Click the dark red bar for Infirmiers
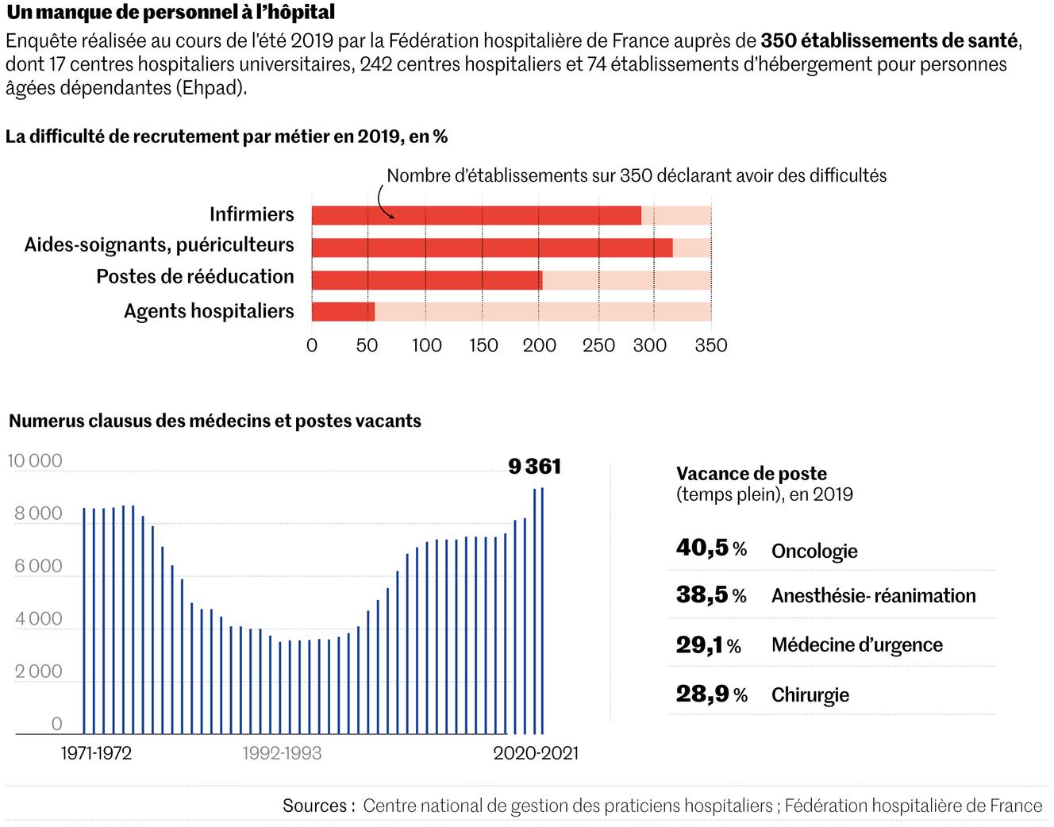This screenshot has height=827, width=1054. pyautogui.click(x=476, y=215)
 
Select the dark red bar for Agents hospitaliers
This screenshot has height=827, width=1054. pyautogui.click(x=343, y=311)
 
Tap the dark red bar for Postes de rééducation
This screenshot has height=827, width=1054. pyautogui.click(x=427, y=279)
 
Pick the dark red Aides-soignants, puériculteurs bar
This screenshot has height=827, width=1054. pyautogui.click(x=492, y=248)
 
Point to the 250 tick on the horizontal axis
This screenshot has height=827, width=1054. pyautogui.click(x=598, y=345)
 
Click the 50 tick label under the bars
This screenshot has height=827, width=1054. pyautogui.click(x=367, y=345)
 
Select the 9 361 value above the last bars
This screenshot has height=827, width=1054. pyautogui.click(x=534, y=467)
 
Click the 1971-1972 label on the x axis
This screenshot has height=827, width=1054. pyautogui.click(x=96, y=753)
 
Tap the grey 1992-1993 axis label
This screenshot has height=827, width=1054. pyautogui.click(x=283, y=753)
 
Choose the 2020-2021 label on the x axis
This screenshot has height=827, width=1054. pyautogui.click(x=536, y=753)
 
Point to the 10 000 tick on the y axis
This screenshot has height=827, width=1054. pyautogui.click(x=35, y=461)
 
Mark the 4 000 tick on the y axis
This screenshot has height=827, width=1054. pyautogui.click(x=38, y=619)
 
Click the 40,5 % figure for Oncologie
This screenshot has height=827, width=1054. pyautogui.click(x=711, y=548)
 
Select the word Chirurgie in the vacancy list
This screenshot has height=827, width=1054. pyautogui.click(x=810, y=695)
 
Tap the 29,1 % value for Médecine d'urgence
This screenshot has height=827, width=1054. pyautogui.click(x=708, y=645)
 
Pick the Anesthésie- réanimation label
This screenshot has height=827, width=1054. pyautogui.click(x=873, y=596)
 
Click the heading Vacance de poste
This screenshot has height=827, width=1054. pyautogui.click(x=751, y=474)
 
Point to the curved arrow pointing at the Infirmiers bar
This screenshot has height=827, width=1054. pyautogui.click(x=383, y=202)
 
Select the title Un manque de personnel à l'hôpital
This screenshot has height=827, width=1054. pyautogui.click(x=170, y=13)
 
